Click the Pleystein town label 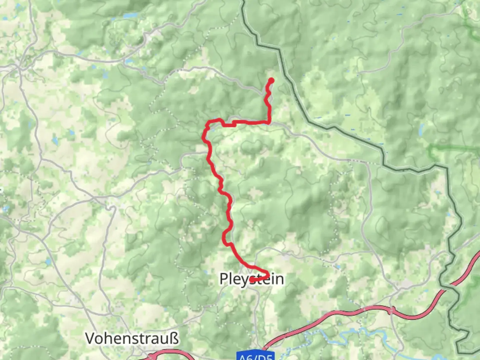pyautogui.click(x=252, y=279)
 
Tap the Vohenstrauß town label pyautogui.click(x=132, y=338)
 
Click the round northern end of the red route pyautogui.click(x=271, y=80)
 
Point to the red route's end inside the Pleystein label pyautogui.click(x=252, y=280)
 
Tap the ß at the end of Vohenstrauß pyautogui.click(x=174, y=338)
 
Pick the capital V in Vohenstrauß pyautogui.click(x=91, y=338)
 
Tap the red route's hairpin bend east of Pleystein pyautogui.click(x=267, y=274)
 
